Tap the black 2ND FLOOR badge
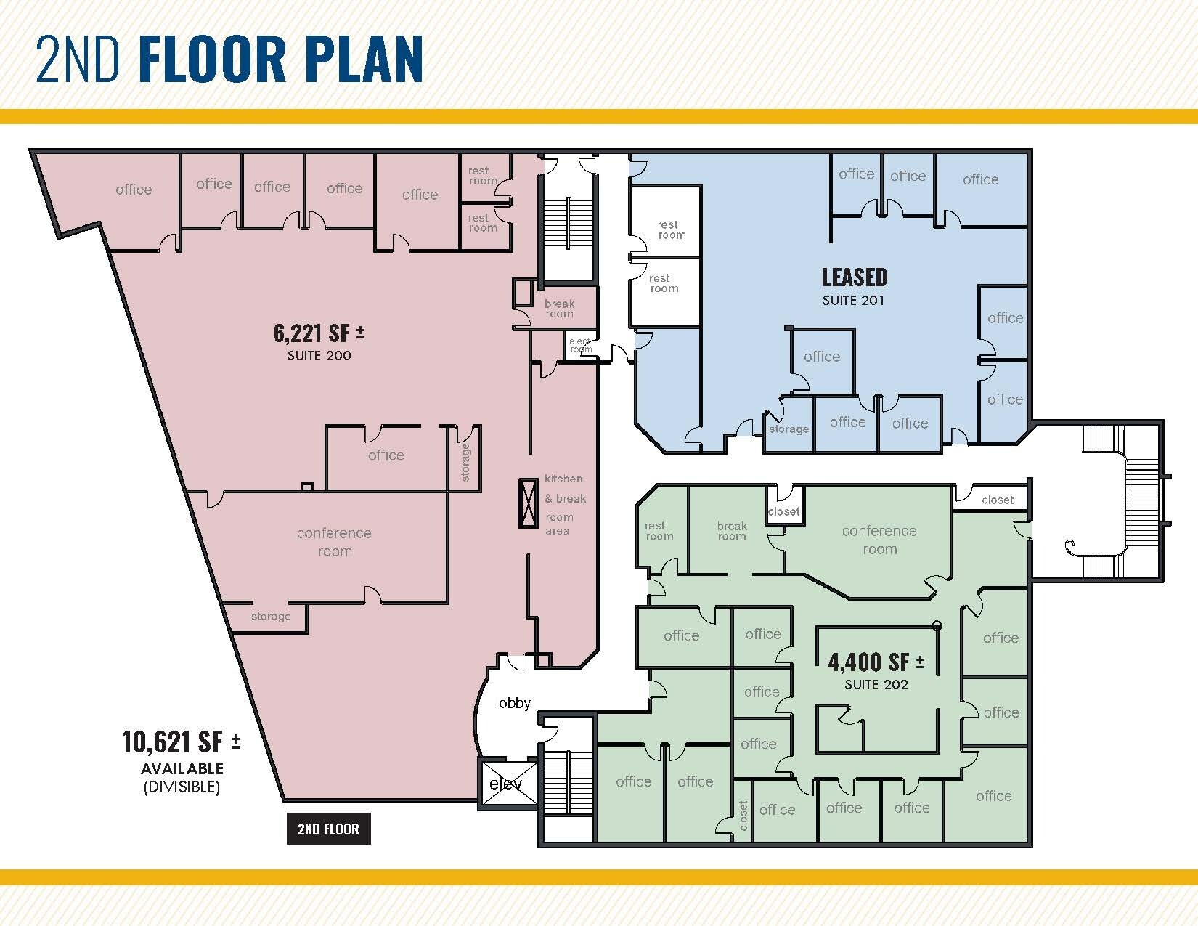(328, 829)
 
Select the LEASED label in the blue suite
(854, 277)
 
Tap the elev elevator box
(506, 784)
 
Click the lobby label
(513, 703)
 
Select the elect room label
(581, 345)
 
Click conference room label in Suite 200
(334, 542)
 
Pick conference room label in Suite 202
(879, 540)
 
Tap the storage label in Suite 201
(789, 429)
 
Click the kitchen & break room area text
(564, 505)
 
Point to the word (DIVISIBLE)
(182, 787)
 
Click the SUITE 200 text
(319, 356)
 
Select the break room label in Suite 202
(732, 531)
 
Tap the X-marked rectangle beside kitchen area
(528, 503)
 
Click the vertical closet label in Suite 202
(743, 816)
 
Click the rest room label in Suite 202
(659, 531)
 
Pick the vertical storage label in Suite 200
(465, 463)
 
